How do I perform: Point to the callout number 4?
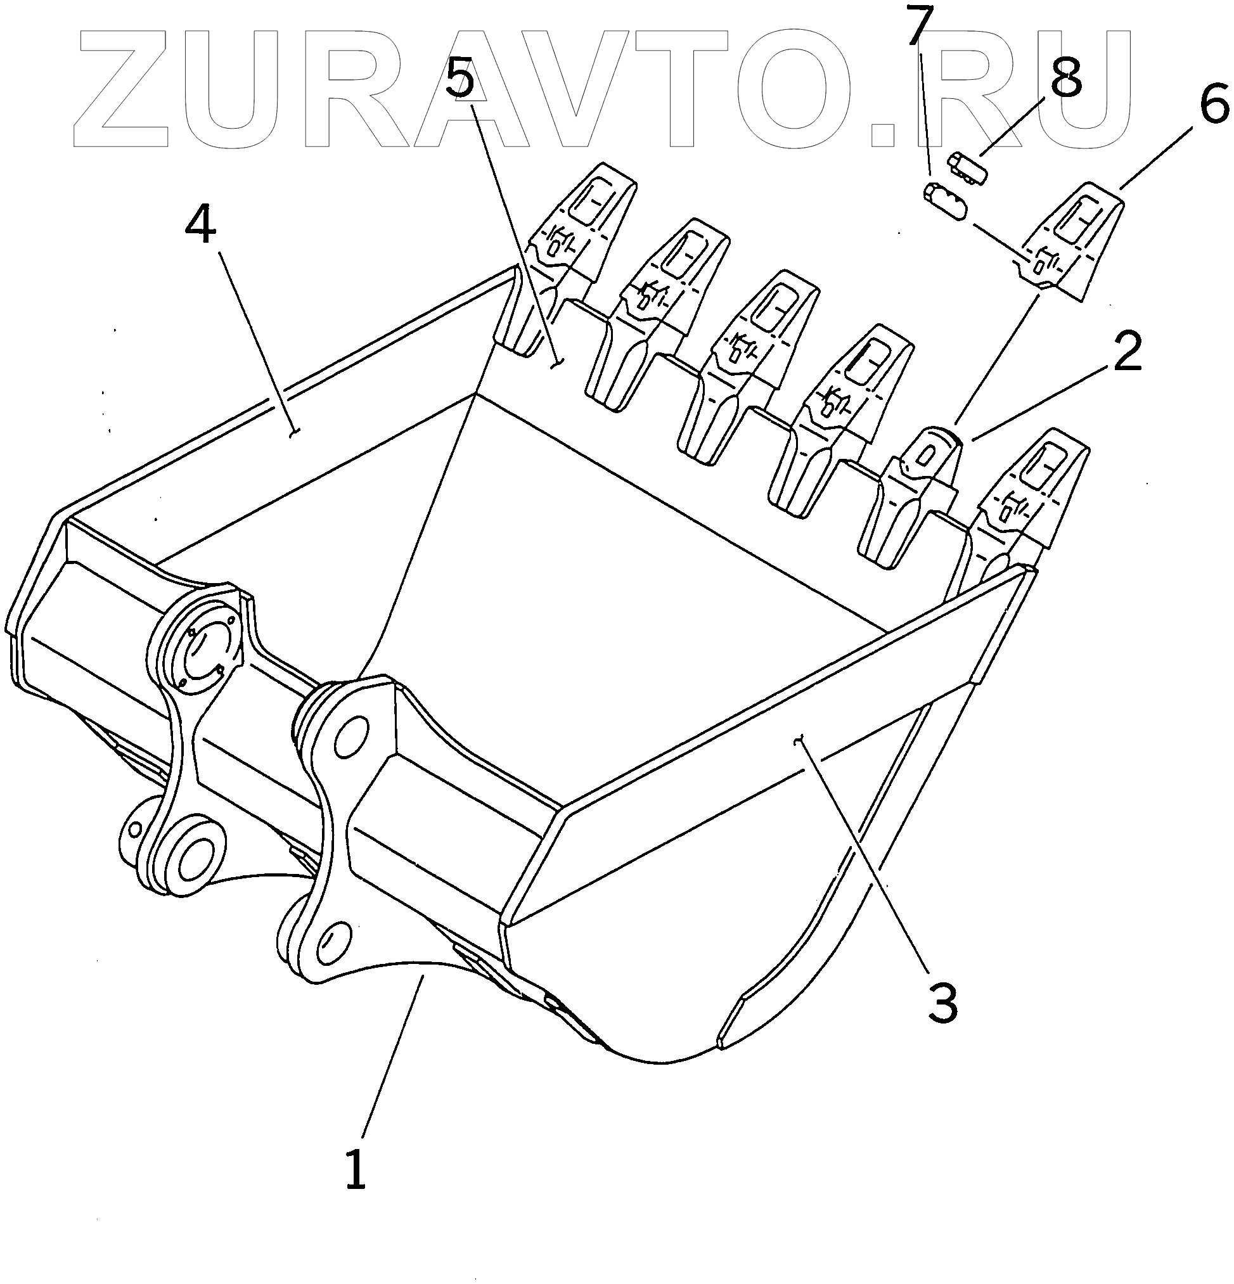(200, 223)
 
